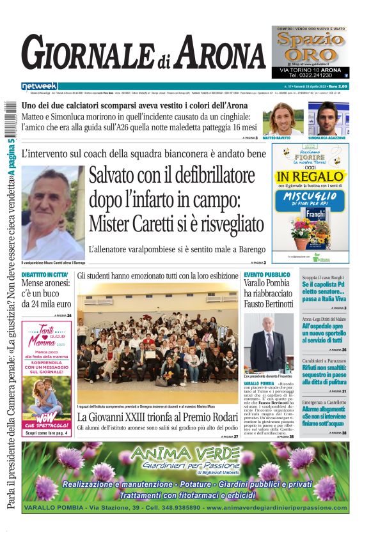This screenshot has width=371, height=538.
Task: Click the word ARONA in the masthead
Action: click(x=216, y=52)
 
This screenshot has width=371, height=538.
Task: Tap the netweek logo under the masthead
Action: click(x=39, y=86)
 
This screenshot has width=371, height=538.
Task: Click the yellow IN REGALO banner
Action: click(x=310, y=176)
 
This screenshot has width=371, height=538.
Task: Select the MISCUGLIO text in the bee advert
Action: click(x=310, y=196)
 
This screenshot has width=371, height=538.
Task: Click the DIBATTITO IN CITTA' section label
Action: click(x=45, y=274)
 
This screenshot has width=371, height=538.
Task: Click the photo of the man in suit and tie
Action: click(x=269, y=342)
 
